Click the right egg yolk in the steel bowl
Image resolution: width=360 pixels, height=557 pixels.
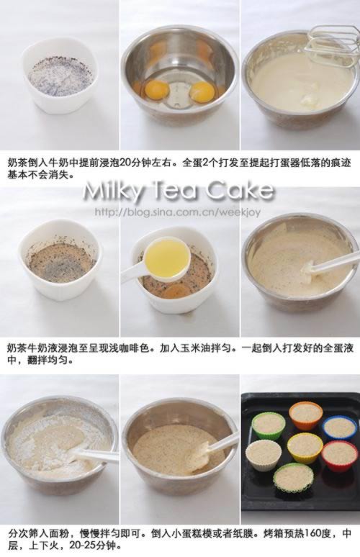tap(202, 91)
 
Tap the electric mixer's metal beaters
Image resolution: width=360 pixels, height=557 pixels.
tap(332, 46)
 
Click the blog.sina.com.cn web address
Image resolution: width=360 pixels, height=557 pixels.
tap(178, 212)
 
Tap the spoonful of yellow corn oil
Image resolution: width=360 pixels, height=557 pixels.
tap(166, 255)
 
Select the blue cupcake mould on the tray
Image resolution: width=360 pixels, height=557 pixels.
tap(339, 429)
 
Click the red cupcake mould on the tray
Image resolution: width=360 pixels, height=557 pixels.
tap(339, 456)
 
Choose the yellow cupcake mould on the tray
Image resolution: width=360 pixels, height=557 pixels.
tap(305, 448)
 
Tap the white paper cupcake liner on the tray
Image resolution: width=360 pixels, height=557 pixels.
tap(264, 456)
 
